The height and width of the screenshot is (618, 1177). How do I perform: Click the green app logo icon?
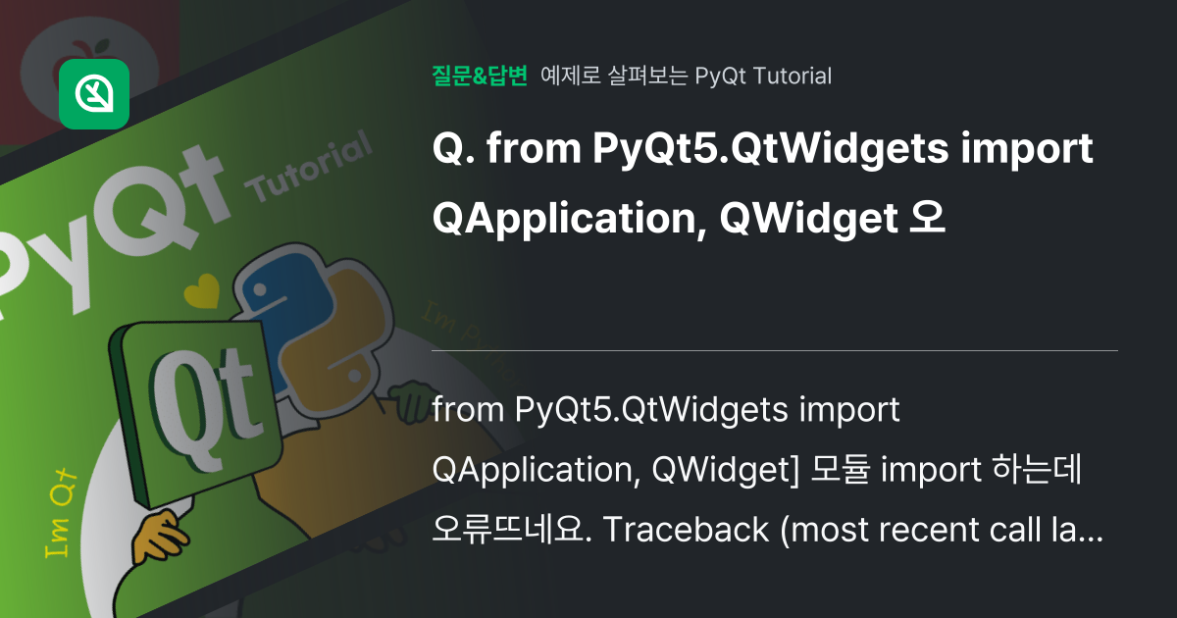tap(94, 94)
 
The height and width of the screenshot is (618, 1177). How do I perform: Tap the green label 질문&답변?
tap(480, 76)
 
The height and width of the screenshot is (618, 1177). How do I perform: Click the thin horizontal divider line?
tap(775, 350)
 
